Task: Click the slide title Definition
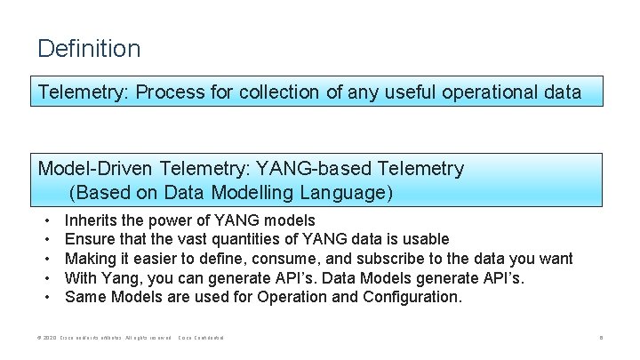tap(89, 48)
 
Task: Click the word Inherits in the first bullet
tap(92, 220)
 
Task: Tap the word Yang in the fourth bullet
tap(121, 278)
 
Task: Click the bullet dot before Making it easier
tap(47, 259)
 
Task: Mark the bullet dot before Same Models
tap(47, 297)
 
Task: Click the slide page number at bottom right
tap(602, 339)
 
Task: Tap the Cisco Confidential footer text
tap(202, 339)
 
